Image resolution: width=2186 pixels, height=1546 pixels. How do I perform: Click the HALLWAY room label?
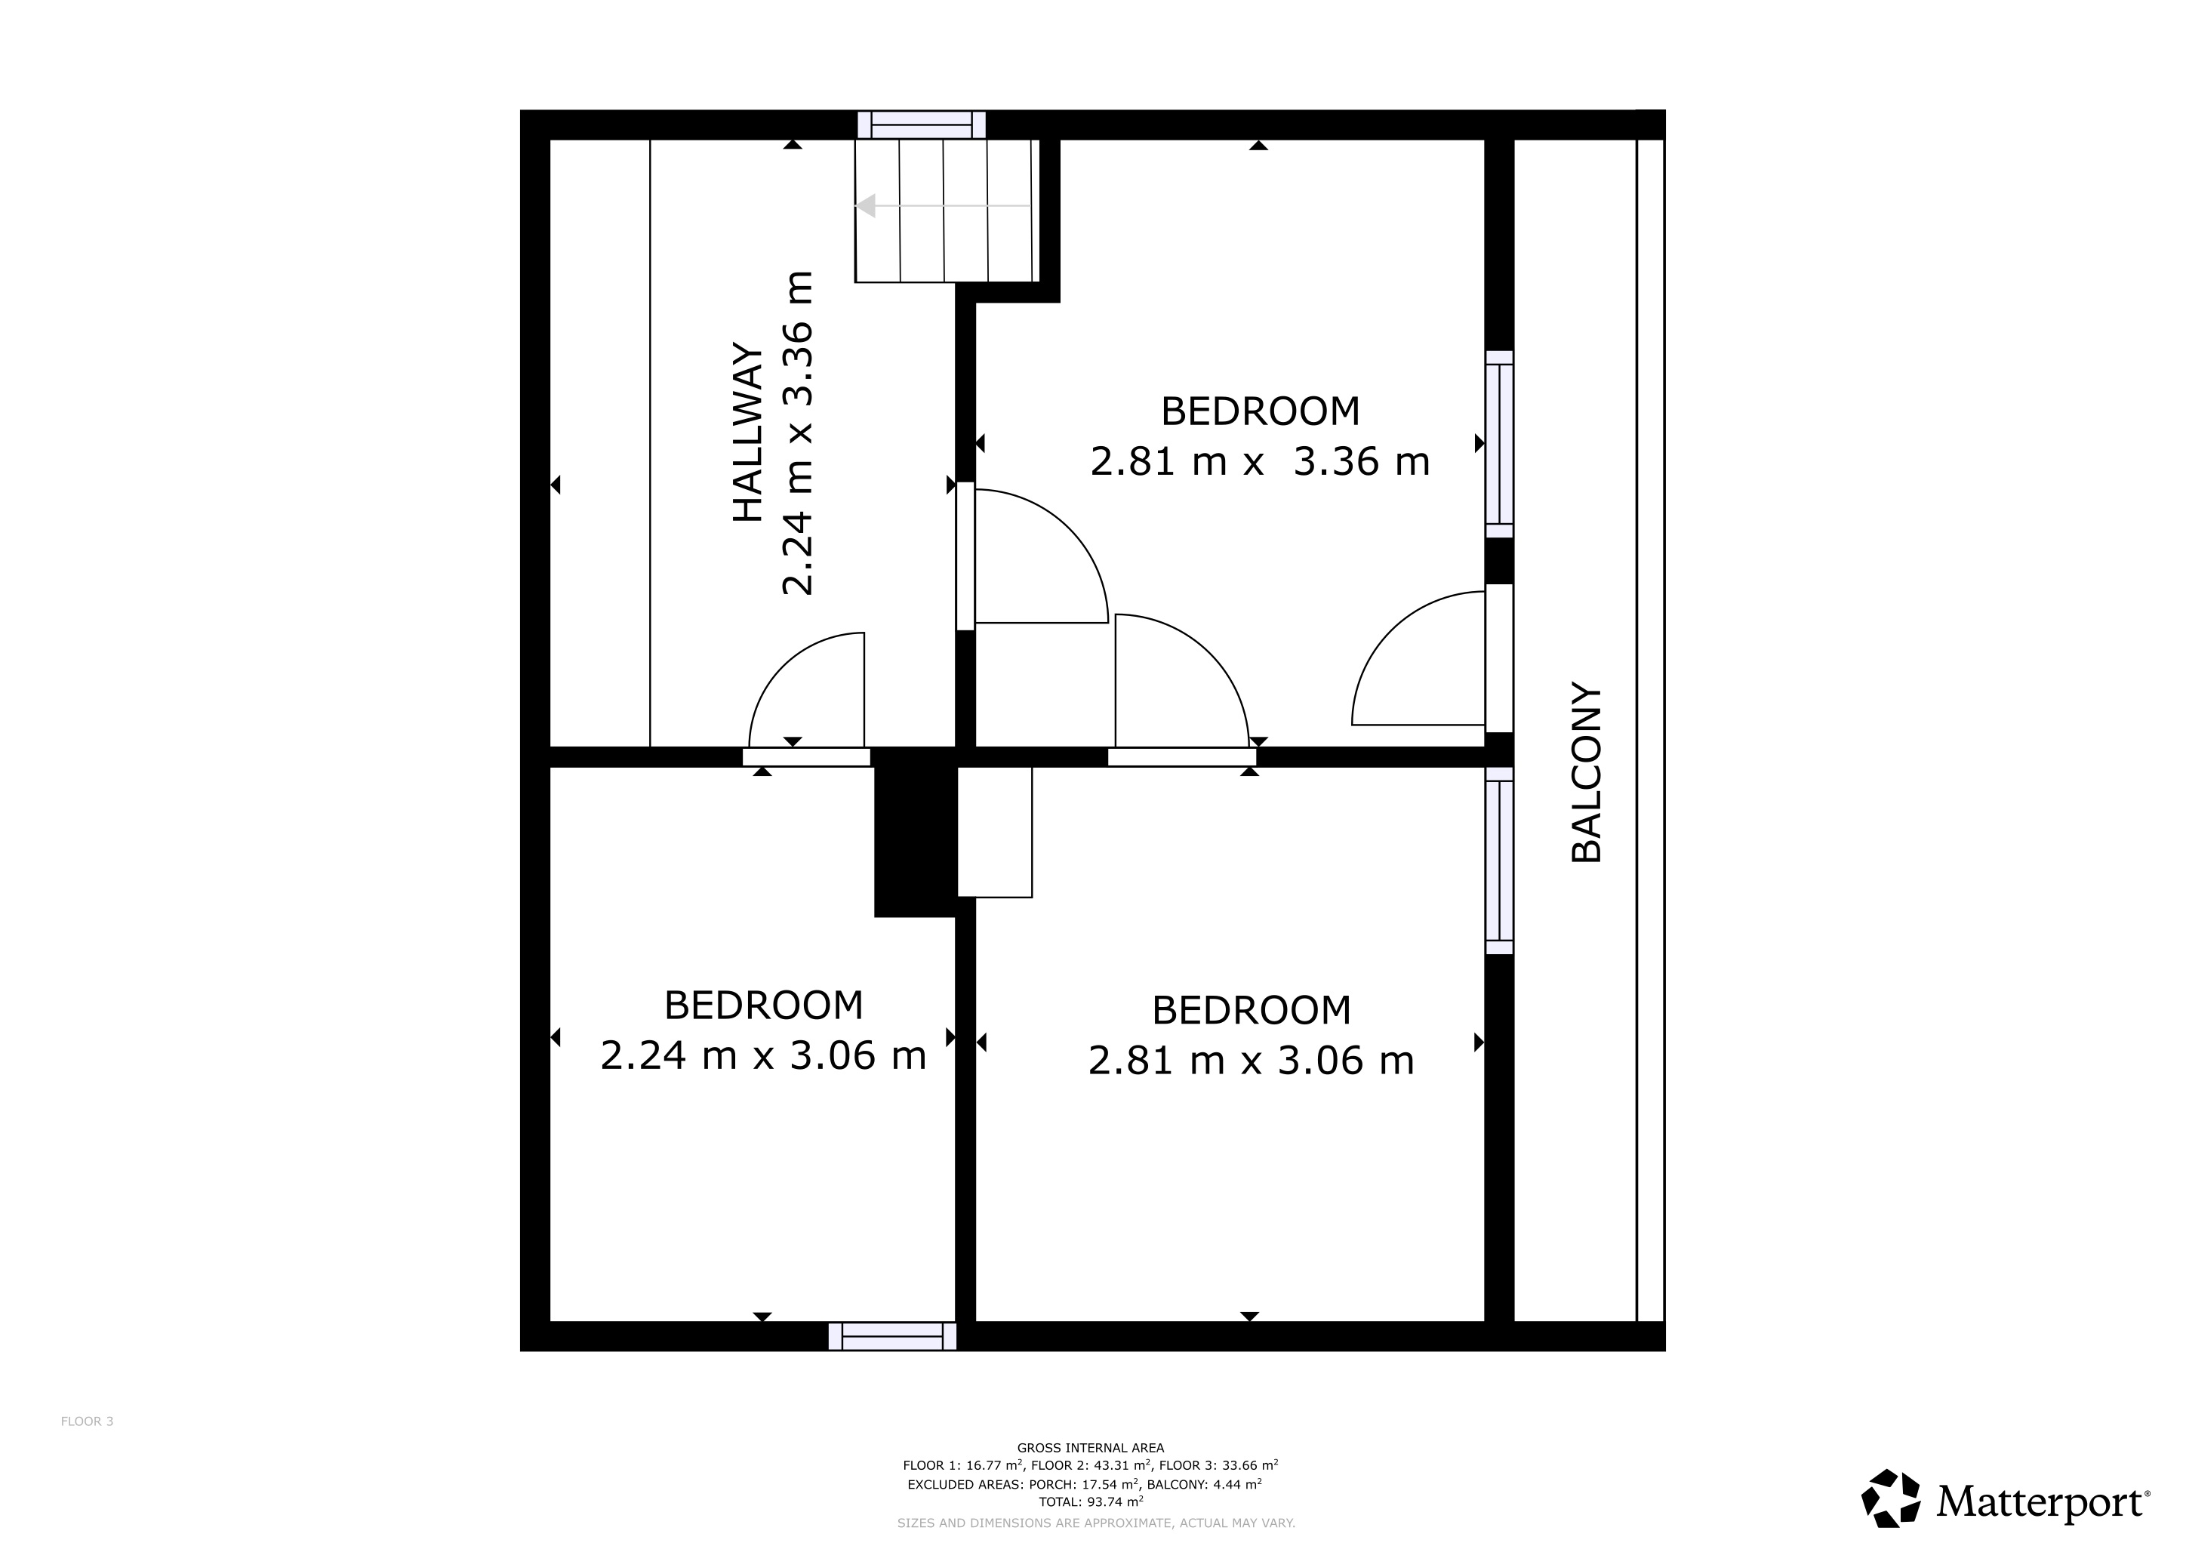(x=748, y=433)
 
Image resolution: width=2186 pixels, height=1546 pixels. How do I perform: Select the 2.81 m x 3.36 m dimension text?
(x=1260, y=463)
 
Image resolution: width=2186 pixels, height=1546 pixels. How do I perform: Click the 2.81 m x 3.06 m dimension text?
(x=1251, y=1061)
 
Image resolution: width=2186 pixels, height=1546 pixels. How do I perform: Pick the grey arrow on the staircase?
(x=867, y=205)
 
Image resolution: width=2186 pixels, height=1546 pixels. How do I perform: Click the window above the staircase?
(x=921, y=125)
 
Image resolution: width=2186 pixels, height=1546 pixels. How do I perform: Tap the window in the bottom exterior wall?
(x=892, y=1337)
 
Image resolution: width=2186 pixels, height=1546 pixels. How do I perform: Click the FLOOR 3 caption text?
(x=87, y=1421)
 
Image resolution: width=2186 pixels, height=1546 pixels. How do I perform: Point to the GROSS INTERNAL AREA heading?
(x=1090, y=1448)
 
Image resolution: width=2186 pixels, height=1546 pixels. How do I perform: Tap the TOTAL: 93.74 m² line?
(x=1090, y=1501)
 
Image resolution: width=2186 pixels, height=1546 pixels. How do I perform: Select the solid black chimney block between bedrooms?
(x=913, y=833)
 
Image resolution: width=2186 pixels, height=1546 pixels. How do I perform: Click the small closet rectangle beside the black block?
(x=995, y=832)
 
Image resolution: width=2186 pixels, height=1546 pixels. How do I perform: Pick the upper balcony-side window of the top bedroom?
(x=1500, y=444)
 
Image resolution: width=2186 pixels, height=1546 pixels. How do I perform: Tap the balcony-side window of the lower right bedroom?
(x=1500, y=867)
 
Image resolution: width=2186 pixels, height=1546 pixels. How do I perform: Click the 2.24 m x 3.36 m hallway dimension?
(x=798, y=433)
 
